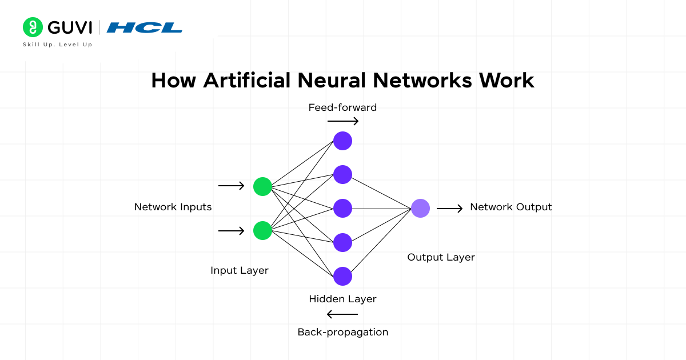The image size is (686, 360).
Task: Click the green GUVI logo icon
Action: [x=33, y=27]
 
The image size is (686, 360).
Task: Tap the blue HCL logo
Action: [x=145, y=27]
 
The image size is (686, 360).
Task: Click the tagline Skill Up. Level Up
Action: [x=57, y=45]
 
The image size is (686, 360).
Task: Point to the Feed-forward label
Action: [x=342, y=107]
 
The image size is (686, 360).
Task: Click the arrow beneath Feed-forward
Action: [x=343, y=121]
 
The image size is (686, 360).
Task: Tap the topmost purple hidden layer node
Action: [x=342, y=141]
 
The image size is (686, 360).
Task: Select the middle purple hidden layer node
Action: [x=342, y=208]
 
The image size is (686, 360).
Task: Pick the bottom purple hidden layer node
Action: [x=342, y=276]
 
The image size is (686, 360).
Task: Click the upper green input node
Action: [x=262, y=186]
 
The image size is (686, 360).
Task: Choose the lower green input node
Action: [x=262, y=230]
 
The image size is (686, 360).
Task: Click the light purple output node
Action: [x=420, y=209]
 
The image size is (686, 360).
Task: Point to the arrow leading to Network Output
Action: [x=450, y=209]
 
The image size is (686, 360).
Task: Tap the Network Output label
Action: [x=510, y=207]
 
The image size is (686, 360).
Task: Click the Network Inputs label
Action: [x=173, y=207]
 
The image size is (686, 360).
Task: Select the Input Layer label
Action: [x=239, y=270]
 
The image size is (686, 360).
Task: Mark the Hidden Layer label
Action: [x=342, y=299]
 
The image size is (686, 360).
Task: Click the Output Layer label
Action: [x=441, y=257]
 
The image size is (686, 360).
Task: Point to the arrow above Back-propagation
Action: [x=342, y=314]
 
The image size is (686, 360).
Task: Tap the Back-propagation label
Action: [x=342, y=332]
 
